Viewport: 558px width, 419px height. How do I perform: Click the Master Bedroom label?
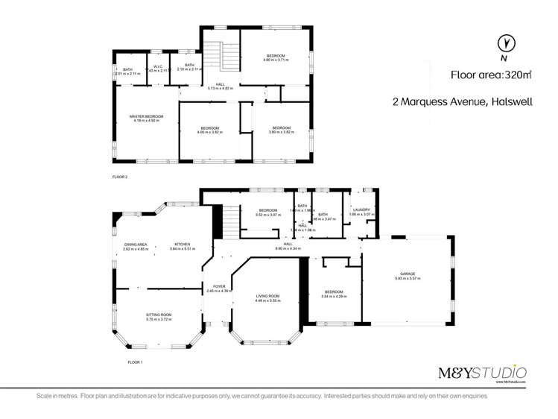click(x=145, y=117)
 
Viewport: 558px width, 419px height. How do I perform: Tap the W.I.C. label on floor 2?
click(x=158, y=66)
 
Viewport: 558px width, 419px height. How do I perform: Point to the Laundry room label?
click(x=361, y=210)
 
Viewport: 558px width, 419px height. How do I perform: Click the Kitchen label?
click(x=183, y=245)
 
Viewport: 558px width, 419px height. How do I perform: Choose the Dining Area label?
click(x=136, y=245)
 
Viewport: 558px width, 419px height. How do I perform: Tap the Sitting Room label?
click(x=159, y=315)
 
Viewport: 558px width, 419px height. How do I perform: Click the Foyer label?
click(x=219, y=286)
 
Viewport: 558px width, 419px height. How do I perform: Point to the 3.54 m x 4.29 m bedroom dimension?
click(x=333, y=296)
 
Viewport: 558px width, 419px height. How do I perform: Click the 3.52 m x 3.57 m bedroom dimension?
click(x=267, y=215)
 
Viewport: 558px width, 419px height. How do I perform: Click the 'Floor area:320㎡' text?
click(x=490, y=75)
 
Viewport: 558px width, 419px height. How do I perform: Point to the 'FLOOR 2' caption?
click(x=120, y=178)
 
